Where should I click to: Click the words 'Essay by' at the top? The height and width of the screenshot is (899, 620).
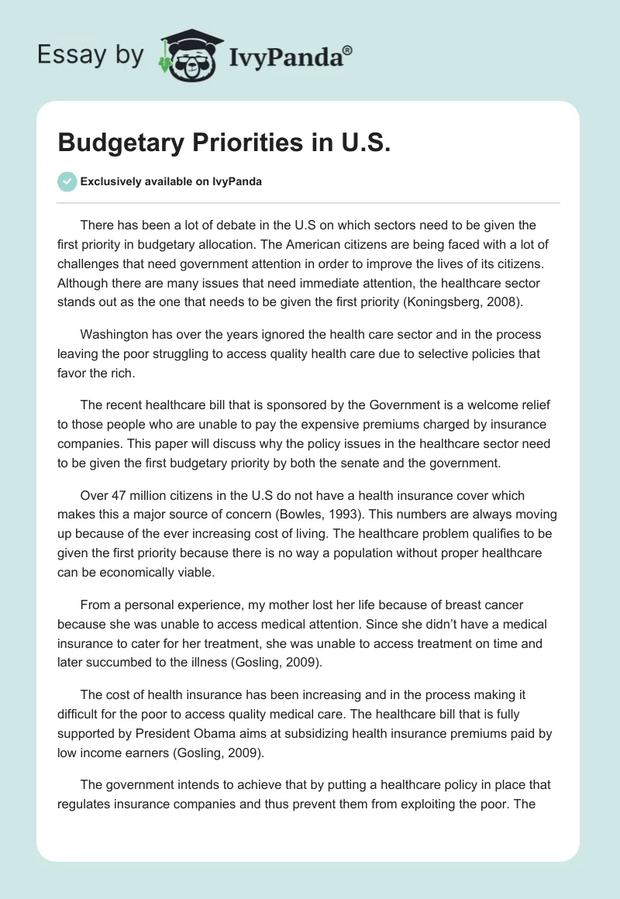click(x=91, y=55)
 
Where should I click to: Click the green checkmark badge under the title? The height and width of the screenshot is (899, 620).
click(x=67, y=181)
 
